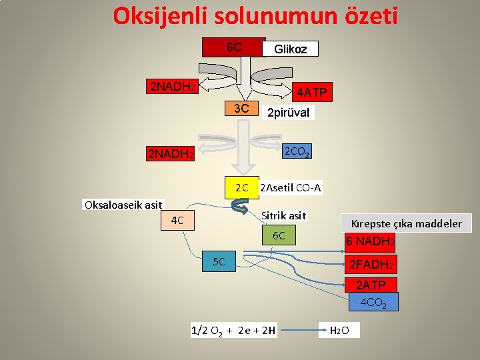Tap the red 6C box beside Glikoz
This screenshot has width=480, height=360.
[x=234, y=47]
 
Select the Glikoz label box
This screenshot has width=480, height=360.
[x=291, y=49]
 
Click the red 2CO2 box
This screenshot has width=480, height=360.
[x=297, y=153]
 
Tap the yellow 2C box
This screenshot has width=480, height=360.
[x=241, y=188]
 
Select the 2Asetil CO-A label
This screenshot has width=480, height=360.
[x=291, y=188]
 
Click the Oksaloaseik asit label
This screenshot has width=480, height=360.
[x=123, y=204]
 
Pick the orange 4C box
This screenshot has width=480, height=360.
[x=177, y=220]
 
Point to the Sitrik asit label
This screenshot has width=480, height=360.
[x=283, y=215]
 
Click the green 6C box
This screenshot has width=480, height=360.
[x=279, y=235]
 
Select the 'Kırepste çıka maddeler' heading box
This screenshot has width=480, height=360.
[x=410, y=223]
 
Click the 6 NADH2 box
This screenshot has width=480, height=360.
[x=370, y=241]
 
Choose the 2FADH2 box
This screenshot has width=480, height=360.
[x=371, y=265]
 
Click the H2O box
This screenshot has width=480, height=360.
[x=340, y=330]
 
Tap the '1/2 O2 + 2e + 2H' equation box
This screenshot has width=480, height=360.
[x=233, y=330]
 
